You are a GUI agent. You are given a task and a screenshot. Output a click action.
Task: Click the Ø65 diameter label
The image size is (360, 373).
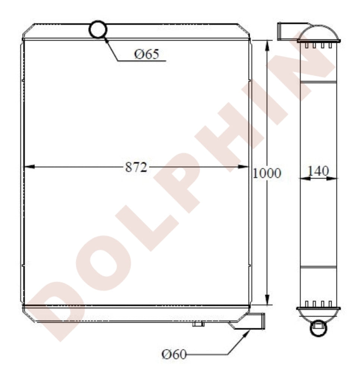point(147,54)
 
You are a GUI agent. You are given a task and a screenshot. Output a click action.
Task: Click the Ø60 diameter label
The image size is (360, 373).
point(174,353)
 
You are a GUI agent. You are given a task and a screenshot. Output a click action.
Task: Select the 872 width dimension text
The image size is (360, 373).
point(136,167)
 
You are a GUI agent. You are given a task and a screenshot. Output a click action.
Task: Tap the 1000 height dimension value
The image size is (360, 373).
point(267,173)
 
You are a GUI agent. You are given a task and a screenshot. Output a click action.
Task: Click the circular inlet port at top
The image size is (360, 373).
point(98,29)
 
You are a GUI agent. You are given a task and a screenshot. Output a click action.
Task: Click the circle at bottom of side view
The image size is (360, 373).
point(318,328)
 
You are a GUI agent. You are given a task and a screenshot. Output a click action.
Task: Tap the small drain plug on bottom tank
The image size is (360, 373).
point(198,324)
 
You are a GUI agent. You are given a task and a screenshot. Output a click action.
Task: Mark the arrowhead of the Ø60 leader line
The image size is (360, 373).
point(246,333)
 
